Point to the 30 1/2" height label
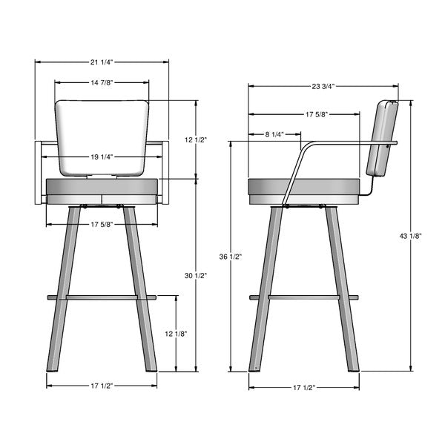point(196,276)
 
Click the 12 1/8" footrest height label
point(176,334)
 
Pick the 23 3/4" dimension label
point(323,86)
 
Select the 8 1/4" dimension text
point(274,134)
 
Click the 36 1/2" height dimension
point(231,257)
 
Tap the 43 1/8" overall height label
point(410,236)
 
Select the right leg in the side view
point(341,297)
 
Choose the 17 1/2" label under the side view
point(303,387)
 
